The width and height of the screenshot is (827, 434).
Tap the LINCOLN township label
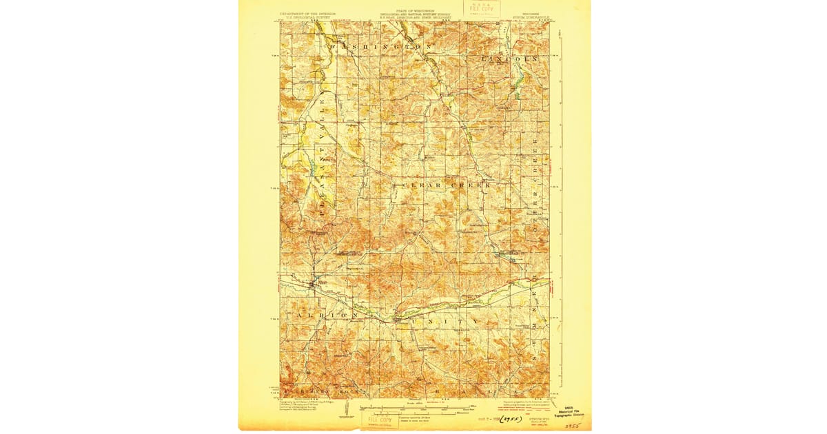pyautogui.click(x=509, y=59)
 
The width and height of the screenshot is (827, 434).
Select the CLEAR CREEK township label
pyautogui.click(x=441, y=185)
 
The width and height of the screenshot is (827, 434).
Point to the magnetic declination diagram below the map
pyautogui.click(x=343, y=412)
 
